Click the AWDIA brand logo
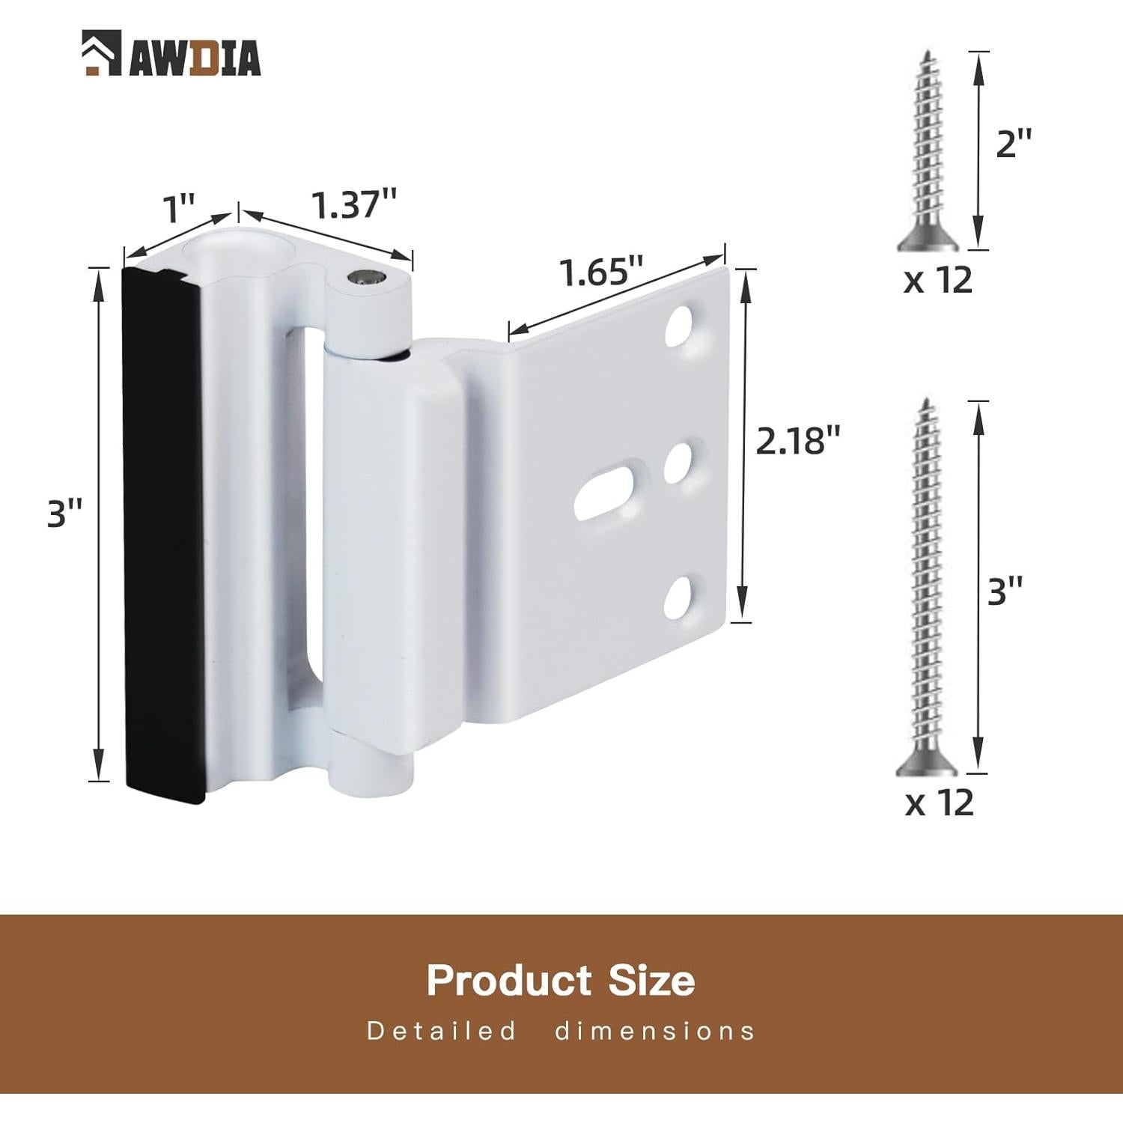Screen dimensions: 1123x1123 pos(171,53)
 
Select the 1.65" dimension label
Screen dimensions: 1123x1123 pos(602,272)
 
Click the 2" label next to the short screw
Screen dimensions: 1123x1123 pos(1014,142)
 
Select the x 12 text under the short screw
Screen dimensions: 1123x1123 pos(938,280)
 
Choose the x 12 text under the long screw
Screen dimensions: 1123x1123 pos(940,803)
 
